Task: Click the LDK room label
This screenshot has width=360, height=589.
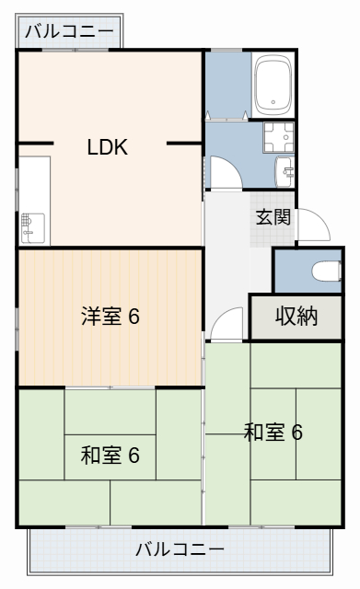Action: pyautogui.click(x=108, y=147)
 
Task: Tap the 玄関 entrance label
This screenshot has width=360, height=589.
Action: pyautogui.click(x=273, y=217)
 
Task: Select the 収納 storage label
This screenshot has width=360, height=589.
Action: pyautogui.click(x=296, y=317)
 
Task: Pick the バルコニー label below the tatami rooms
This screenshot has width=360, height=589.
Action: pyautogui.click(x=180, y=550)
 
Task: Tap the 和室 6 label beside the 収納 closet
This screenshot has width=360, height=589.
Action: pyautogui.click(x=273, y=432)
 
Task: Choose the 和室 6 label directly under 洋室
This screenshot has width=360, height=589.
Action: pyautogui.click(x=109, y=455)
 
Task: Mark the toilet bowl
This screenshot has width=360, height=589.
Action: pyautogui.click(x=323, y=271)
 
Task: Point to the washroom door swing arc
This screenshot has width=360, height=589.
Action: pyautogui.click(x=225, y=172)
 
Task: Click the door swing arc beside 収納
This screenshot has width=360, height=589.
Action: pyautogui.click(x=225, y=325)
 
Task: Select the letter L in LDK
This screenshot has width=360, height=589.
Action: pyautogui.click(x=93, y=147)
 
